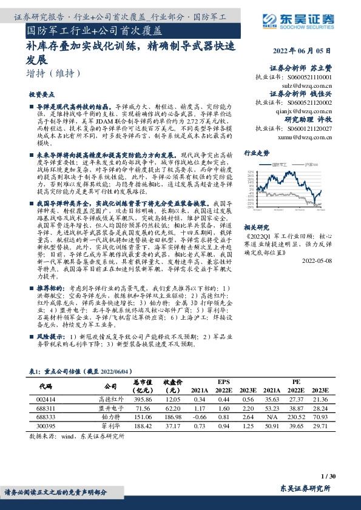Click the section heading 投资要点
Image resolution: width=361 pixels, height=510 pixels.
(x=42, y=96)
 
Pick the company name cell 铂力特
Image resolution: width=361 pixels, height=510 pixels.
(x=109, y=417)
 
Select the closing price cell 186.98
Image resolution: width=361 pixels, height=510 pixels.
(x=174, y=417)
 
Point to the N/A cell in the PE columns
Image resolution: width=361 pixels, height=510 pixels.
(x=272, y=417)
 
